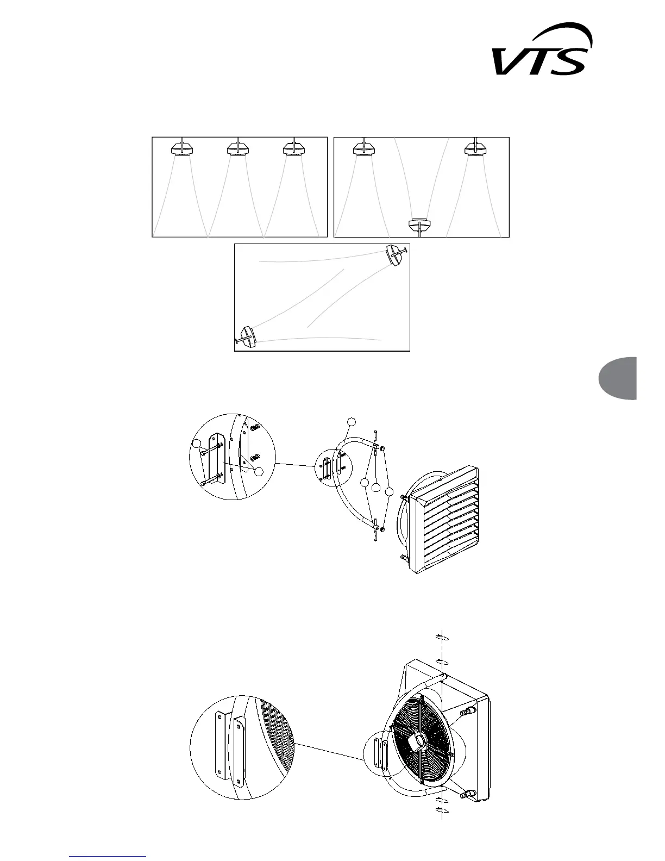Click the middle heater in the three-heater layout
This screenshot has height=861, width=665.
237,148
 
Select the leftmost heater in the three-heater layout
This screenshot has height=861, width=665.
181,148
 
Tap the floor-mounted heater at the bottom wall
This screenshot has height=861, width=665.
419,225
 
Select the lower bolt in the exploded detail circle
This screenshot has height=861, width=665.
210,479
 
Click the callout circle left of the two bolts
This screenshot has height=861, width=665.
196,444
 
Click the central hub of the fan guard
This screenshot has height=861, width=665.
419,740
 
